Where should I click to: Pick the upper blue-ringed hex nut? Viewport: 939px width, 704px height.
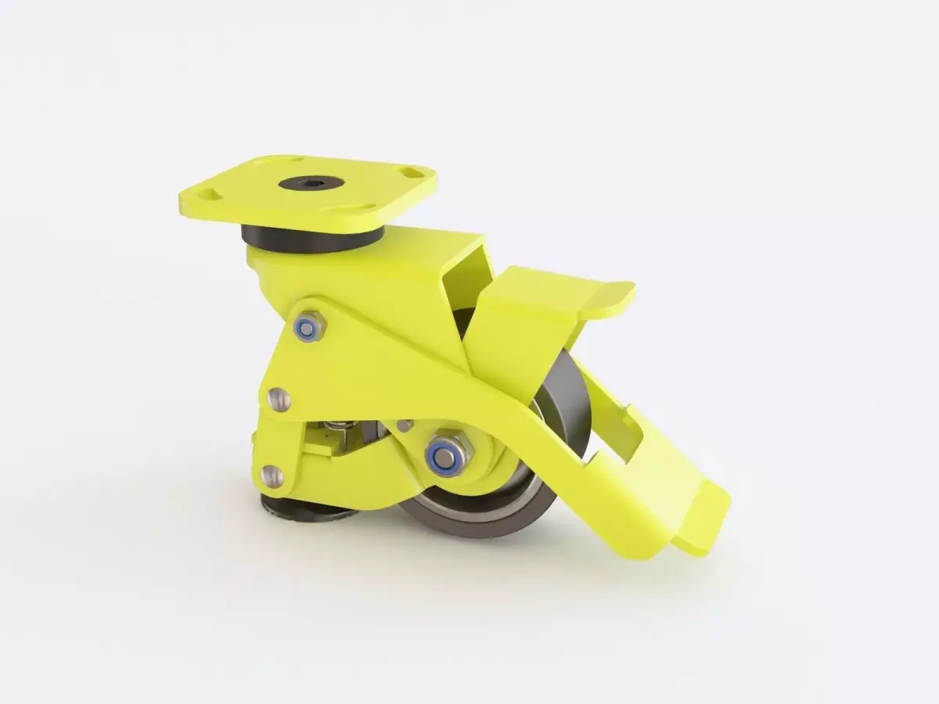pos(309,326)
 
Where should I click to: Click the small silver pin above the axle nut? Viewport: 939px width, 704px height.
pos(404,426)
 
